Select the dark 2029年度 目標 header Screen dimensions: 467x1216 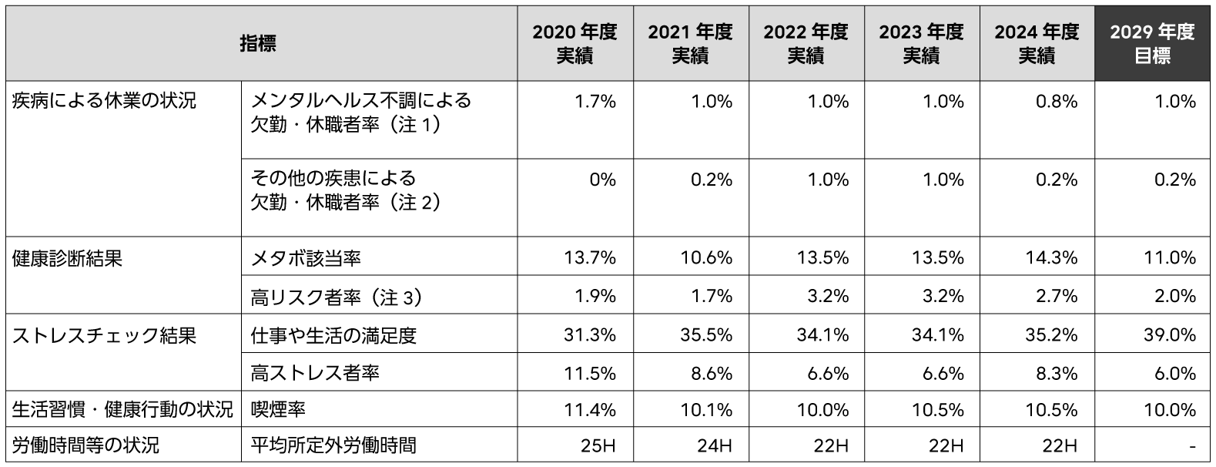click(x=1152, y=44)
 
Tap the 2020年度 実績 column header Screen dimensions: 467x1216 click(x=575, y=44)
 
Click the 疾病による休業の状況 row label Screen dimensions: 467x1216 click(x=104, y=101)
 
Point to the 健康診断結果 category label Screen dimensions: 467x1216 click(x=67, y=258)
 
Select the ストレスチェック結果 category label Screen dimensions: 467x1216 click(x=104, y=335)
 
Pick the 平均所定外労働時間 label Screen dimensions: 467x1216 click(x=333, y=445)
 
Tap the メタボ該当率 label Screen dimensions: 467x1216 click(x=306, y=258)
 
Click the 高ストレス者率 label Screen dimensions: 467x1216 click(x=315, y=373)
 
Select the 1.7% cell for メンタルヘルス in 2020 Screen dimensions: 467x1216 click(x=595, y=102)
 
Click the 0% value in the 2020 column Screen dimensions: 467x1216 click(x=601, y=180)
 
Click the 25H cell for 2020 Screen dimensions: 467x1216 click(x=599, y=445)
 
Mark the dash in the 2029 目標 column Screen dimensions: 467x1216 click(x=1191, y=446)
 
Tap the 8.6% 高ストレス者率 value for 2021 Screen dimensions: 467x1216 click(x=712, y=373)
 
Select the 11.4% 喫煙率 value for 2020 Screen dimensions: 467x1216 click(x=590, y=410)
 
